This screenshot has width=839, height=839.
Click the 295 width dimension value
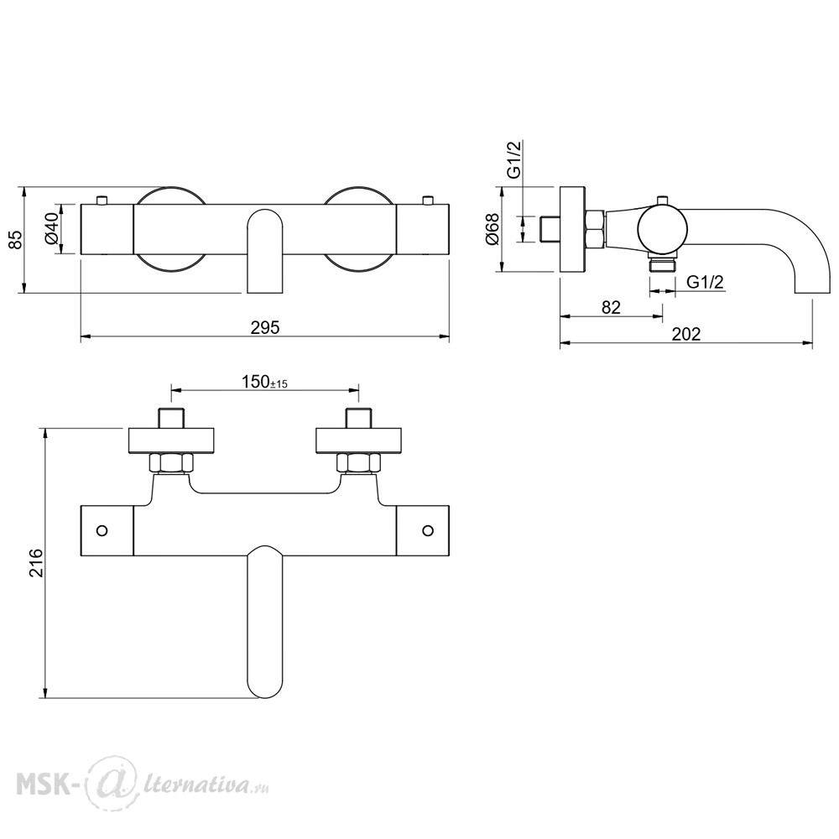[265, 327]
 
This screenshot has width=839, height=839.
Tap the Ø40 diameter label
[53, 230]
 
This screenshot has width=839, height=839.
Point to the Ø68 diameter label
[492, 230]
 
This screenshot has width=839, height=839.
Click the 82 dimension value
[611, 307]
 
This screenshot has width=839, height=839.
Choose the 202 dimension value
[686, 334]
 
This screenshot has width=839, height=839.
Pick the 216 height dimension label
[36, 562]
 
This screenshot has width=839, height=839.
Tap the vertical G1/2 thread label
[514, 159]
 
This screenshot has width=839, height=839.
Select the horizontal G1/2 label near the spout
[705, 281]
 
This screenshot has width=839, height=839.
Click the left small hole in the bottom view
[102, 530]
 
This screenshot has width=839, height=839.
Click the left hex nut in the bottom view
[171, 463]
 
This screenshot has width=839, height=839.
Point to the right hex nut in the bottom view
[358, 463]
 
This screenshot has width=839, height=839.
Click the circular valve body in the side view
[663, 229]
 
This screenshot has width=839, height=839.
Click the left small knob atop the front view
[102, 201]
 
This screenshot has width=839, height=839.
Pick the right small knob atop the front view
[427, 201]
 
